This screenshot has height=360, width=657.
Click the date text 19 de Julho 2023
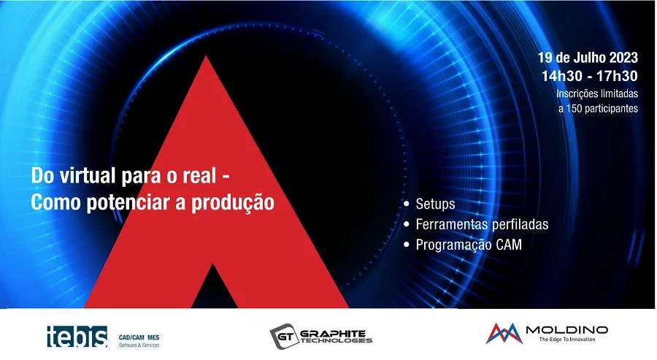tap(588, 58)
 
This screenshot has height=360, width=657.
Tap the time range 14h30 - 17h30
tap(590, 76)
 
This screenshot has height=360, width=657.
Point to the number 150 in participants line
tap(574, 108)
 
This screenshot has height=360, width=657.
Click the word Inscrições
tap(576, 93)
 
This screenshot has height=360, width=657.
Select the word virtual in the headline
tap(88, 175)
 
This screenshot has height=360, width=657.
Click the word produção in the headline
tap(233, 203)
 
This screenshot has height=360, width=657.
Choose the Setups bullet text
tap(435, 204)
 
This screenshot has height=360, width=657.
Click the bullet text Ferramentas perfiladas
tap(482, 224)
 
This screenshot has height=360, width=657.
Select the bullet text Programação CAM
tap(469, 245)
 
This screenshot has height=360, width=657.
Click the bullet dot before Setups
tap(407, 204)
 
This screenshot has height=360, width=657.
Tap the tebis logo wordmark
tap(77, 336)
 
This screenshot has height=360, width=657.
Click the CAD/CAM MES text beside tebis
tap(139, 337)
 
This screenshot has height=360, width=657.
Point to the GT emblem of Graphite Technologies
tap(284, 336)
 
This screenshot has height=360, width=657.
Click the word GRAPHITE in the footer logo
tap(333, 333)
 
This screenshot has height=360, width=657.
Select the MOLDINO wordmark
tap(567, 330)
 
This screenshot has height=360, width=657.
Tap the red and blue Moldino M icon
tap(504, 334)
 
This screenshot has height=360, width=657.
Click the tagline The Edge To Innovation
tap(567, 340)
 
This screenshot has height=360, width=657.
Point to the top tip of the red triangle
tap(206, 56)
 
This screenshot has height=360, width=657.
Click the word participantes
tap(611, 109)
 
